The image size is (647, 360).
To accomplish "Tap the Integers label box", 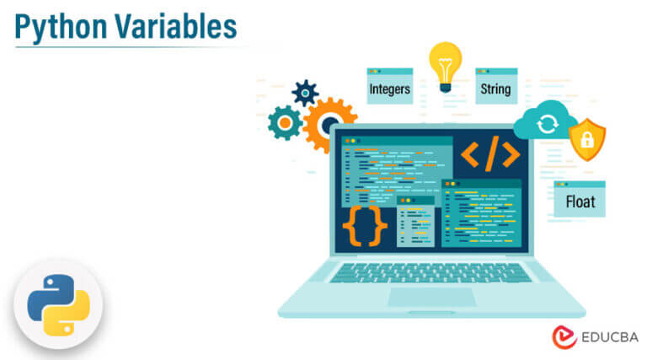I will tap(389, 88).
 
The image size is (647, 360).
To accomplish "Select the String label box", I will tap(495, 88).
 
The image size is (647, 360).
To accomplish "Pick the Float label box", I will tap(580, 201).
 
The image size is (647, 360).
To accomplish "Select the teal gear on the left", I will tap(285, 123).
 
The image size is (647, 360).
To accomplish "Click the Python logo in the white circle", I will tap(57, 305).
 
